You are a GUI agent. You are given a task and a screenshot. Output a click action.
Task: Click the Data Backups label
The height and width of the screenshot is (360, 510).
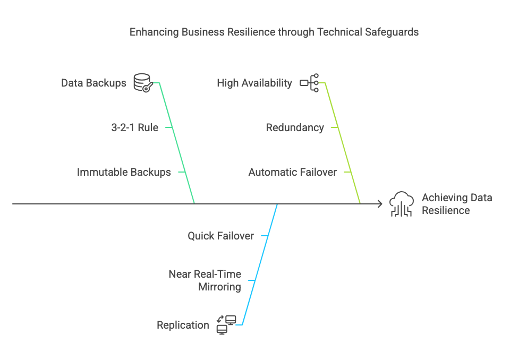pyautogui.click(x=93, y=83)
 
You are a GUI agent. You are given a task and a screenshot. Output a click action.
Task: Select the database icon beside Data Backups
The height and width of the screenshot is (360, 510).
pyautogui.click(x=142, y=83)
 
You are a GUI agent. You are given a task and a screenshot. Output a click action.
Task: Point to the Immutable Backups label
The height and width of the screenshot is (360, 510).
pyautogui.click(x=124, y=172)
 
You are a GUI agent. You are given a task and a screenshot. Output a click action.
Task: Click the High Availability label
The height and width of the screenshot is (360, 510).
pyautogui.click(x=254, y=83)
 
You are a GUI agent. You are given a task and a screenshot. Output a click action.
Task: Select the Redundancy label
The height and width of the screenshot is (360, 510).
pyautogui.click(x=295, y=127)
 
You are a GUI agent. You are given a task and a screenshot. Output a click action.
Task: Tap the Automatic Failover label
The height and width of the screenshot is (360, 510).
pyautogui.click(x=292, y=172)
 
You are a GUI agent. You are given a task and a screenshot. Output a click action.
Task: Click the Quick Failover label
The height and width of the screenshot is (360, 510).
pyautogui.click(x=220, y=235)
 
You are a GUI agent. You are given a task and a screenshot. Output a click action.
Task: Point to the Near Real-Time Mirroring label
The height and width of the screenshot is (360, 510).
pyautogui.click(x=205, y=280)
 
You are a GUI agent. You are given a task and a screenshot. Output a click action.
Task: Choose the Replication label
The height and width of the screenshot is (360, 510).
pyautogui.click(x=183, y=325)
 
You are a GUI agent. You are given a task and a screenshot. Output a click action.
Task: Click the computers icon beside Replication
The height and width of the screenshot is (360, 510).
pyautogui.click(x=226, y=324)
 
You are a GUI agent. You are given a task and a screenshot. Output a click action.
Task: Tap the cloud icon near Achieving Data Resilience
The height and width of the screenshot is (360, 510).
pyautogui.click(x=402, y=204)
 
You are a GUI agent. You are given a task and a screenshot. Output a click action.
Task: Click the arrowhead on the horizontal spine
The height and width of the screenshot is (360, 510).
pyautogui.click(x=379, y=203)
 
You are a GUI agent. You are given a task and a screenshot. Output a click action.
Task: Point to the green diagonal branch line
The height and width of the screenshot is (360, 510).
pyautogui.click(x=177, y=143)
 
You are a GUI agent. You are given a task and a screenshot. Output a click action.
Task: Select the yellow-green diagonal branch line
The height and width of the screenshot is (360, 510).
pyautogui.click(x=343, y=143)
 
